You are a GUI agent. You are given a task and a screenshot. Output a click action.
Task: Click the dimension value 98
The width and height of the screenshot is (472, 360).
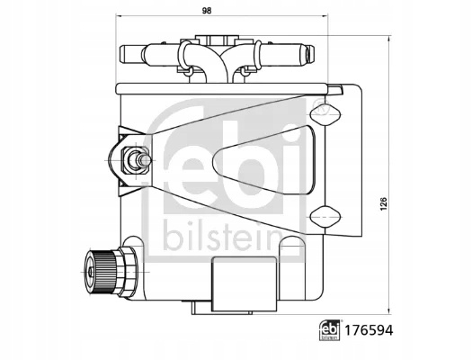[x=207, y=11]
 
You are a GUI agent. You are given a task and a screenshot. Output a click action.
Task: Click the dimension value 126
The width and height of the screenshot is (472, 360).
[x=383, y=203]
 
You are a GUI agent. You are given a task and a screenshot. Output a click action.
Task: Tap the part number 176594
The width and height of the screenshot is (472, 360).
[x=369, y=330]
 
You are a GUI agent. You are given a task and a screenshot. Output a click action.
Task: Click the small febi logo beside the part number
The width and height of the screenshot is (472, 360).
[x=329, y=330]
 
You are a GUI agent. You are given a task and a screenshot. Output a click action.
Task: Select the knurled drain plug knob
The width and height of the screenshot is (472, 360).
[x=100, y=272]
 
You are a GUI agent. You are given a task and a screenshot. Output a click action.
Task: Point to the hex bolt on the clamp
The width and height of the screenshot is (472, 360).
[x=135, y=160]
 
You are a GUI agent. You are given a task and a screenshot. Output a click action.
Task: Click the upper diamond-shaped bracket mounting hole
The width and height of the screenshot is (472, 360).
[x=325, y=114]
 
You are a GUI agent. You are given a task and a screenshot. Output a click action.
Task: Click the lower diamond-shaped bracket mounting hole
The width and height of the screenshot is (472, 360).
[x=325, y=217]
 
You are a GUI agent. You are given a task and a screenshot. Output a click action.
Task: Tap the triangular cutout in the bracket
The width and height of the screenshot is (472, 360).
[x=264, y=159]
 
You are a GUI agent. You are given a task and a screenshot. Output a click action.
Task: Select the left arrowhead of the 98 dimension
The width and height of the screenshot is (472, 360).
[x=118, y=15]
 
